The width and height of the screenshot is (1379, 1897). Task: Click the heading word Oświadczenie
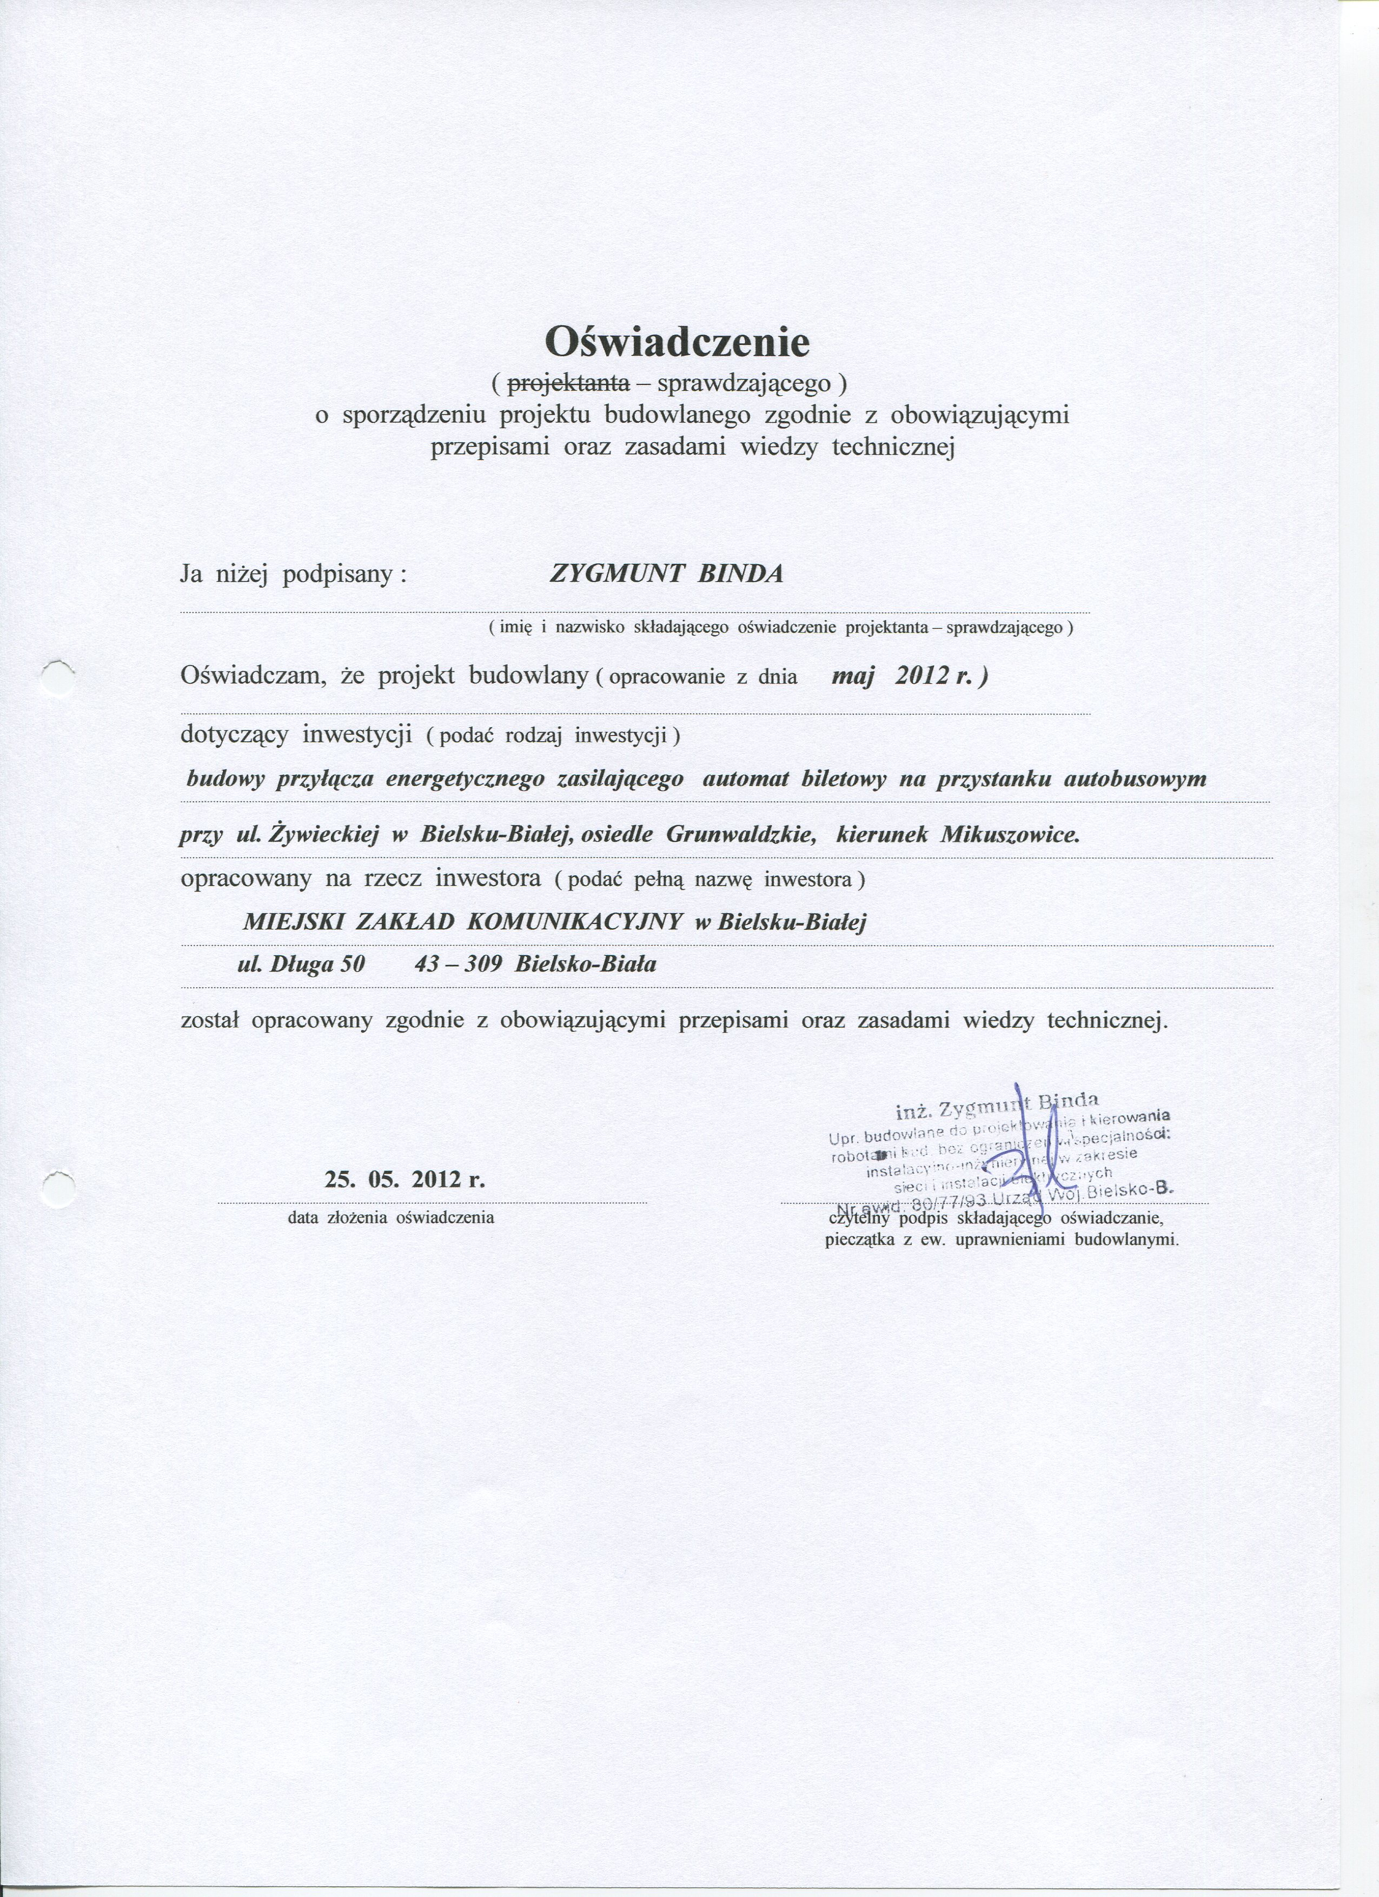677,341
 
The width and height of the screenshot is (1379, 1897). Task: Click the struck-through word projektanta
568,384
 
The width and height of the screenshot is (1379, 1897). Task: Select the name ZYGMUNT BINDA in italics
666,575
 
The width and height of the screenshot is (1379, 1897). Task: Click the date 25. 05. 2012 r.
404,1180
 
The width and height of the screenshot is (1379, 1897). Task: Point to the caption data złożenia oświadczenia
391,1218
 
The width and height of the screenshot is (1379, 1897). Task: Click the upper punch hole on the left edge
58,673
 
